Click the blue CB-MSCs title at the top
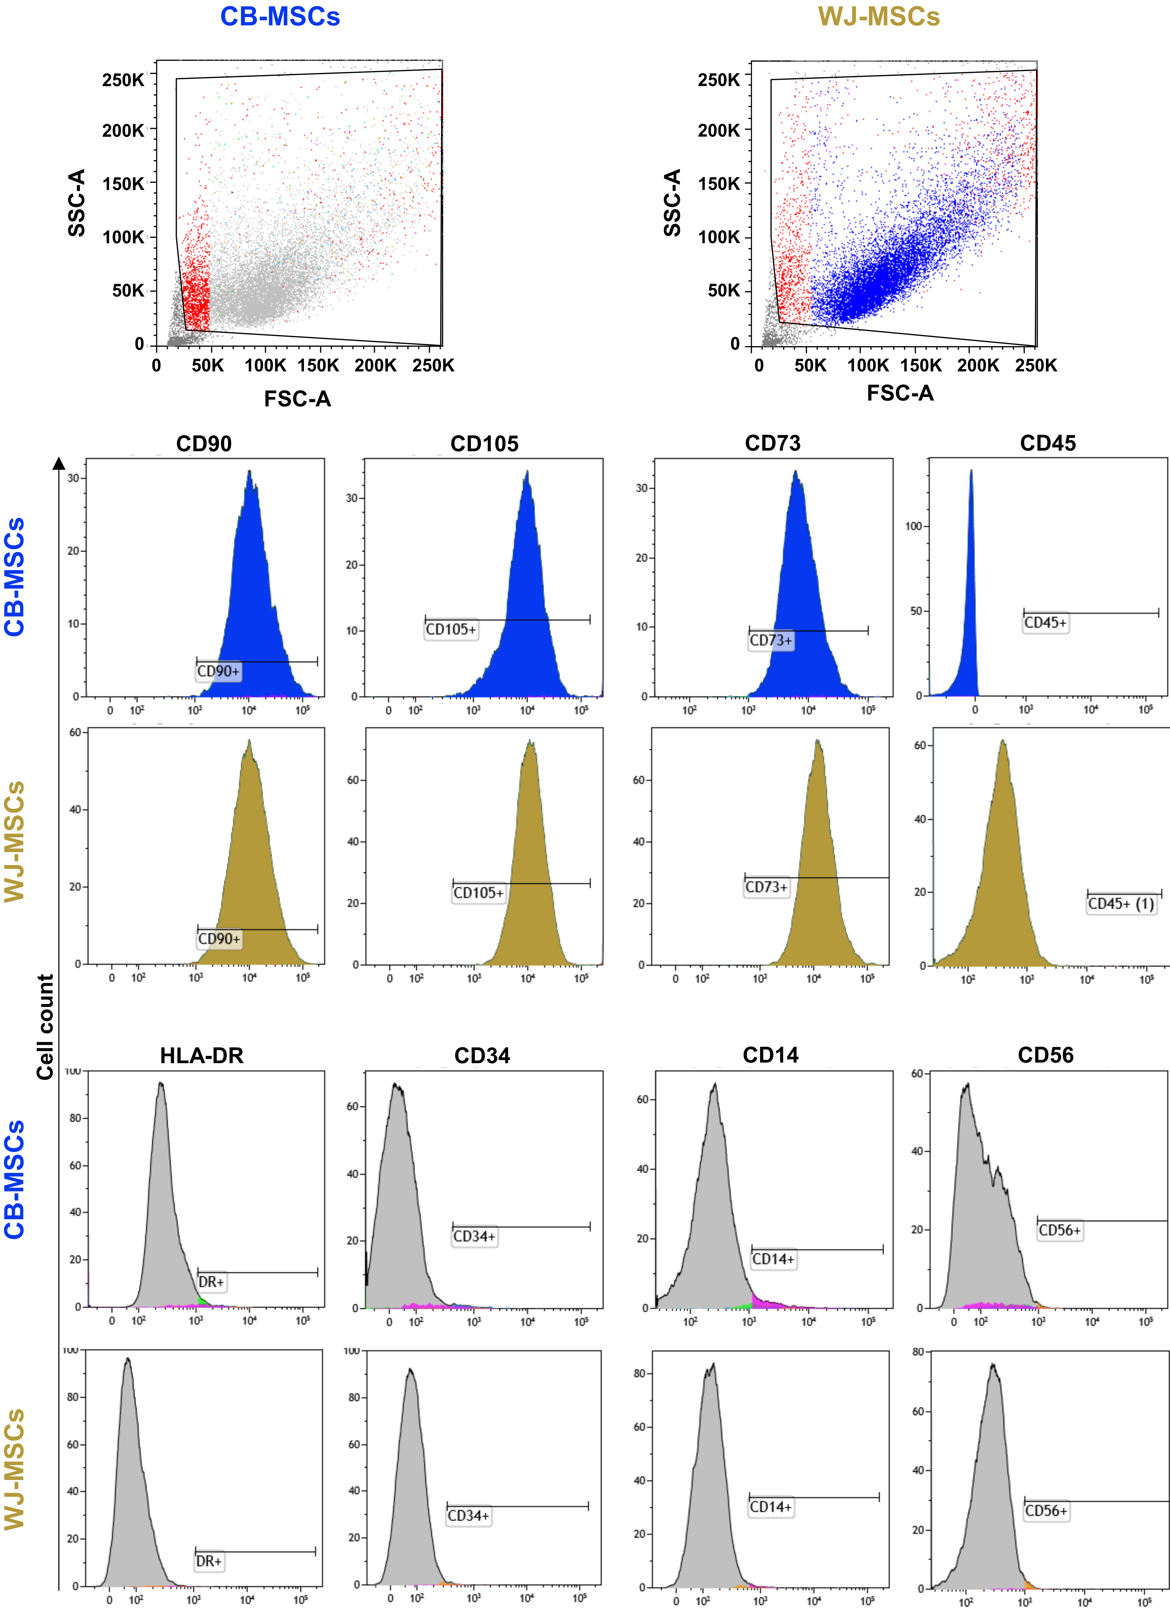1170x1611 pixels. (x=280, y=16)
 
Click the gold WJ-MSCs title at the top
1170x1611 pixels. (x=879, y=16)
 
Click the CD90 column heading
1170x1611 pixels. (x=204, y=443)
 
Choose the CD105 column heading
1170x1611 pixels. (x=484, y=443)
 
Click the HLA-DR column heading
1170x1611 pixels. (x=202, y=1055)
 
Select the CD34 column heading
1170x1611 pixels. (x=482, y=1055)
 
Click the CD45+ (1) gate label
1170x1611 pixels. (x=1121, y=904)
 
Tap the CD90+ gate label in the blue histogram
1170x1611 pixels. (x=218, y=671)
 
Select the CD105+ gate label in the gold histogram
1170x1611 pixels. (x=478, y=893)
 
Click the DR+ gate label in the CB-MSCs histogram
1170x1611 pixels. (x=211, y=1282)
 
